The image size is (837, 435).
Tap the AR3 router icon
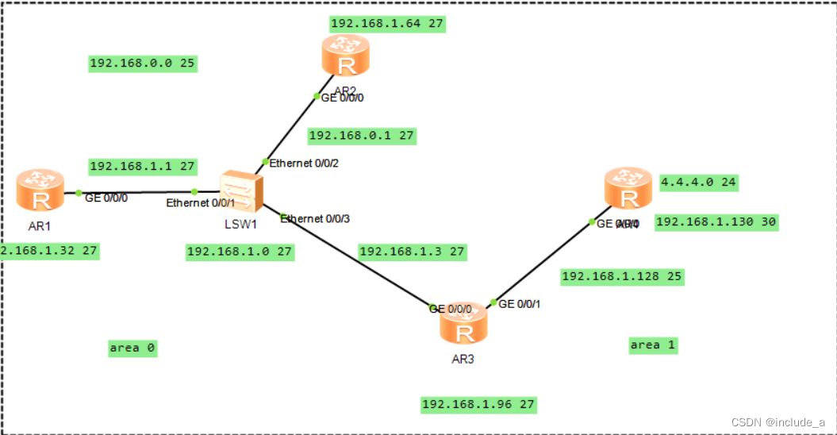[x=463, y=325]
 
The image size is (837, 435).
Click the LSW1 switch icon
[x=242, y=191]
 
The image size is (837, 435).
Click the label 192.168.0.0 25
[x=143, y=63]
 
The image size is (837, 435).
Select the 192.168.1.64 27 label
[x=386, y=23]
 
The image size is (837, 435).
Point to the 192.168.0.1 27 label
[x=362, y=136]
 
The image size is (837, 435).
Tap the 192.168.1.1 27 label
[x=143, y=166]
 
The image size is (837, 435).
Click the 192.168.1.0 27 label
[x=240, y=252]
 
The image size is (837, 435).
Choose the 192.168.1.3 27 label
[x=412, y=252]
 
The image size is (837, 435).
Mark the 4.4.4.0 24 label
[x=698, y=182]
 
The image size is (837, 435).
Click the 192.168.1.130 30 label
[x=716, y=222]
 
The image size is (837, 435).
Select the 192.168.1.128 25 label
[x=621, y=276]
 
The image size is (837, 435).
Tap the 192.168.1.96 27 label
[x=478, y=404]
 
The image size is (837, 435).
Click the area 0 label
[x=132, y=348]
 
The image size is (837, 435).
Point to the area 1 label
[x=653, y=345]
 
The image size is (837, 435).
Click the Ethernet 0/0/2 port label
[x=304, y=164]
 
